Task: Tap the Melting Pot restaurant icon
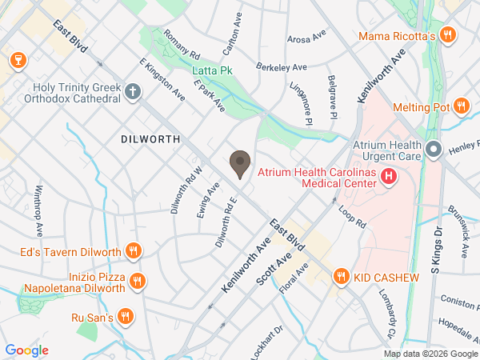click(461, 106)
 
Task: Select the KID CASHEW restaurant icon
click(342, 277)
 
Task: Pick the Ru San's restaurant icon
click(125, 317)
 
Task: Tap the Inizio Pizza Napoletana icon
click(137, 281)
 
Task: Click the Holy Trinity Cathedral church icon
click(134, 92)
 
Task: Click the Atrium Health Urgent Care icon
click(434, 150)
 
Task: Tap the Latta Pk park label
click(212, 72)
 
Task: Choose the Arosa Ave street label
click(307, 38)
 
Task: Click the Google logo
click(26, 350)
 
